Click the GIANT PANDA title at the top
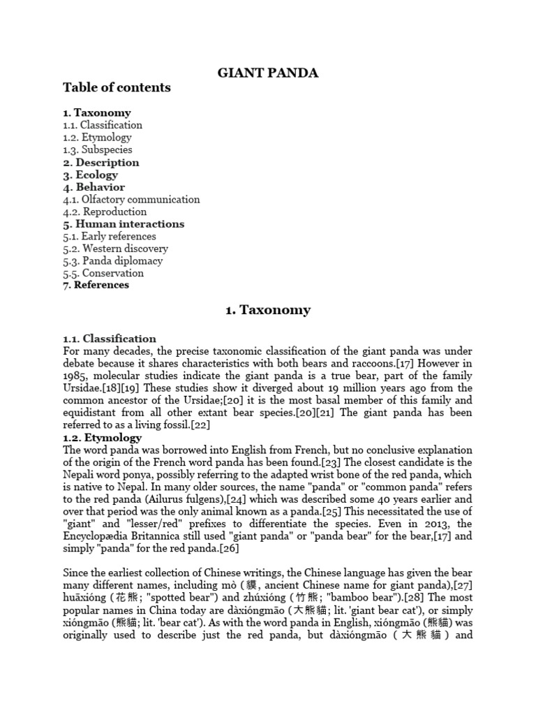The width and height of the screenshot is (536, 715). pos(267,72)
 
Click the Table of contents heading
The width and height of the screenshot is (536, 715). pos(117,88)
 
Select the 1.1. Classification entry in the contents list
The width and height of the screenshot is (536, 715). pos(103,125)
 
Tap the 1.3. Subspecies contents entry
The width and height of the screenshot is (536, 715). pos(97,149)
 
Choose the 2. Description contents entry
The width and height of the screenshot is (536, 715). pos(101,162)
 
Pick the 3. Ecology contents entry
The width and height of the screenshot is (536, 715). pos(90,175)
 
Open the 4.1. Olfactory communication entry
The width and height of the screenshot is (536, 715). pos(131,199)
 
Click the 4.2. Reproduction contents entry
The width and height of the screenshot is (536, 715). pos(105,212)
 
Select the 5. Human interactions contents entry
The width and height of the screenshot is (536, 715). pos(124,224)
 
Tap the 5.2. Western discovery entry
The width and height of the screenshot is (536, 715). pos(115,249)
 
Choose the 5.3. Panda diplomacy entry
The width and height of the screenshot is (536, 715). pos(112,260)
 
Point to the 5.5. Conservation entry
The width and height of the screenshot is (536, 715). pos(103,273)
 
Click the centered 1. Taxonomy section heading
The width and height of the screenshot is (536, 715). pos(268,310)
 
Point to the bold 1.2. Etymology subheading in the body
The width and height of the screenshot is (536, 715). pos(102,438)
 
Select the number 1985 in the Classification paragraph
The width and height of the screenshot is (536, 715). pos(75,376)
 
